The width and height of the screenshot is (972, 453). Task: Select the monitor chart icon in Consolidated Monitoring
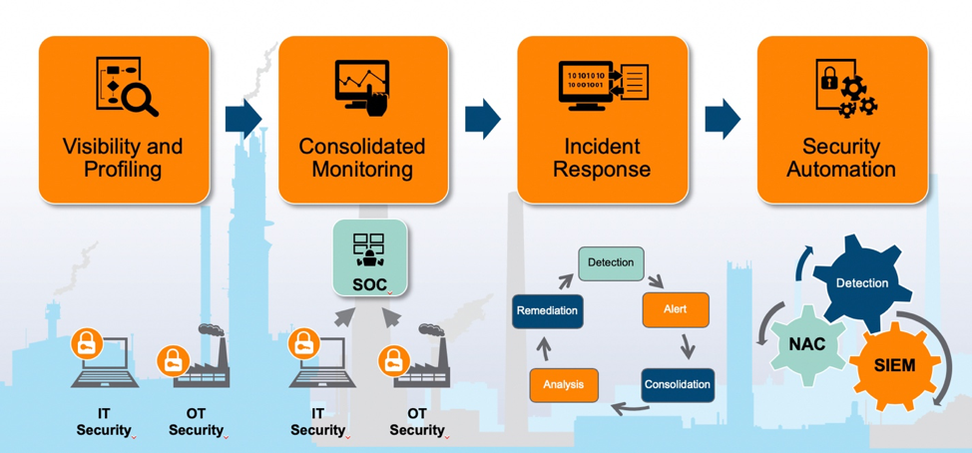pyautogui.click(x=362, y=90)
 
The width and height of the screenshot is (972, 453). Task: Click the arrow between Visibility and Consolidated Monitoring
pyautogui.click(x=243, y=118)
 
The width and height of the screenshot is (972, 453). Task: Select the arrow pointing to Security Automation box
pyautogui.click(x=723, y=118)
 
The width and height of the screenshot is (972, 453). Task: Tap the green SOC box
pyautogui.click(x=370, y=257)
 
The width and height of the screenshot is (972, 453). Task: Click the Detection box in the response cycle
pyautogui.click(x=611, y=262)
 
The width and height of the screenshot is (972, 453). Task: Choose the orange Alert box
pyautogui.click(x=676, y=309)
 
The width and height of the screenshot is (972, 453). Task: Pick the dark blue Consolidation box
pyautogui.click(x=678, y=384)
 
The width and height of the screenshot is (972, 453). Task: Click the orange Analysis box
pyautogui.click(x=564, y=384)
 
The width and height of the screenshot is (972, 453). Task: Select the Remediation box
pyautogui.click(x=547, y=310)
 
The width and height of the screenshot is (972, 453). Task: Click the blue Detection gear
pyautogui.click(x=860, y=282)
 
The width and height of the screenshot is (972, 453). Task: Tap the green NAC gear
pyautogui.click(x=807, y=344)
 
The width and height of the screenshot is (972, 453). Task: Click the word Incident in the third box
pyautogui.click(x=602, y=147)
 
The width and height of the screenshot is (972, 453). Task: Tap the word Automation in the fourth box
pyautogui.click(x=840, y=170)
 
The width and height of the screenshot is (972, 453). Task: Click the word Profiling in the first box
pyautogui.click(x=123, y=170)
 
